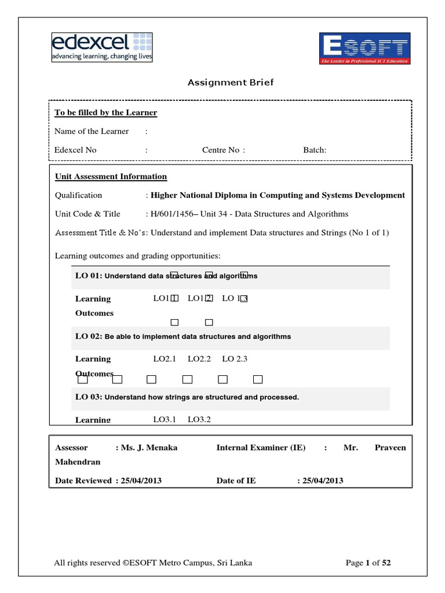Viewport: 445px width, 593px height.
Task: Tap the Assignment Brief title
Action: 230,82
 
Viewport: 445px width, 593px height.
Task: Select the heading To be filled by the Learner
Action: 105,112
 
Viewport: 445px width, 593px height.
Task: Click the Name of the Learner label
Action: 92,131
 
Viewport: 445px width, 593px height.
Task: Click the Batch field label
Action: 315,150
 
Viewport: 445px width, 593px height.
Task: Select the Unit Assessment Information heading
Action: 111,177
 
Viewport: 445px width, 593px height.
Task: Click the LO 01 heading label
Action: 88,276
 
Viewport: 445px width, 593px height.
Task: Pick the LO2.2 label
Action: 199,359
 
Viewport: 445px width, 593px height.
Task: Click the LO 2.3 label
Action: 235,359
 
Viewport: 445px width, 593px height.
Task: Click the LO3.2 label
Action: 199,419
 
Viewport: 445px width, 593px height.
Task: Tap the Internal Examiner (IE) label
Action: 261,448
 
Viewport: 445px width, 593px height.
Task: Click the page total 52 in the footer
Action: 386,562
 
